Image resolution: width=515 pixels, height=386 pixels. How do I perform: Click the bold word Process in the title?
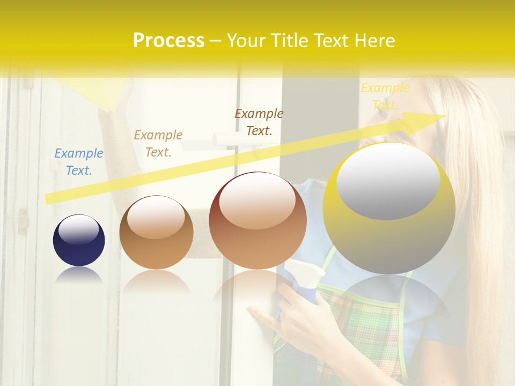(x=168, y=40)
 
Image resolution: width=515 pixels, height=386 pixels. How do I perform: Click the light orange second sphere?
(x=156, y=233)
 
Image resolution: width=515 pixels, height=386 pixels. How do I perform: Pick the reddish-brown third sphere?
(x=258, y=221)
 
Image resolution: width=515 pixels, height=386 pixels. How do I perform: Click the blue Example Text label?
(x=79, y=161)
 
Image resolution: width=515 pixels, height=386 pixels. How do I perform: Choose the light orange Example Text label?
(x=158, y=143)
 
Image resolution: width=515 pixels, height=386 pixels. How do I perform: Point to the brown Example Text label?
(x=259, y=122)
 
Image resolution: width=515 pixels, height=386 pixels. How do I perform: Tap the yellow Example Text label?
(x=385, y=96)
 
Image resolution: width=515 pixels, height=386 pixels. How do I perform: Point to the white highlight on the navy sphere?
(x=79, y=229)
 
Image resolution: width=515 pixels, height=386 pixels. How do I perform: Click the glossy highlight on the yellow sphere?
(x=388, y=181)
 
